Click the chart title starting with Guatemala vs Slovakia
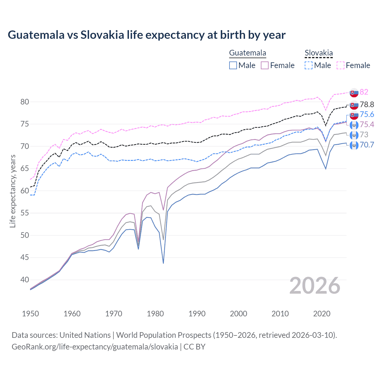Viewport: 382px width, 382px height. pos(147,35)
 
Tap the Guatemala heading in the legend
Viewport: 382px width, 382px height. pos(247,53)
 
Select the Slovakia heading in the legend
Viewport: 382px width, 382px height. pos(318,53)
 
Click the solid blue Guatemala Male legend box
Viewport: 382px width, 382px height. pos(233,65)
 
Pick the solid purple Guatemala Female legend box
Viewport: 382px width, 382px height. pos(265,65)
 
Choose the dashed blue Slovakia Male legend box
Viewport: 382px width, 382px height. pos(309,65)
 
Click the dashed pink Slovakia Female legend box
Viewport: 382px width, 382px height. pos(340,65)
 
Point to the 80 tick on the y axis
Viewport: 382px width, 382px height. pos(24,102)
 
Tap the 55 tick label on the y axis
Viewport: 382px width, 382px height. pos(24,213)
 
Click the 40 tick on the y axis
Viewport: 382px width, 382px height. pos(24,280)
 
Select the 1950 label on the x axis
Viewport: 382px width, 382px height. pos(30,314)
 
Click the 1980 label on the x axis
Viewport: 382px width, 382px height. pos(155,314)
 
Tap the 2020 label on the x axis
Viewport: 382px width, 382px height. pos(322,314)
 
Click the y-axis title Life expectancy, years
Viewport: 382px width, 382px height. pos(13,191)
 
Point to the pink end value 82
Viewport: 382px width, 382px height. pos(364,92)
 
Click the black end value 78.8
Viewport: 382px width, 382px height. pos(367,104)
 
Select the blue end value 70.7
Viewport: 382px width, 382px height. pos(367,145)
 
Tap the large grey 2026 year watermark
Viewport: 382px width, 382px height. pos(315,286)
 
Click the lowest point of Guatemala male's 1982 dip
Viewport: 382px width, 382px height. pos(163,263)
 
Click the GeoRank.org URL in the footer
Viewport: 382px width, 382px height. pos(95,347)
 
